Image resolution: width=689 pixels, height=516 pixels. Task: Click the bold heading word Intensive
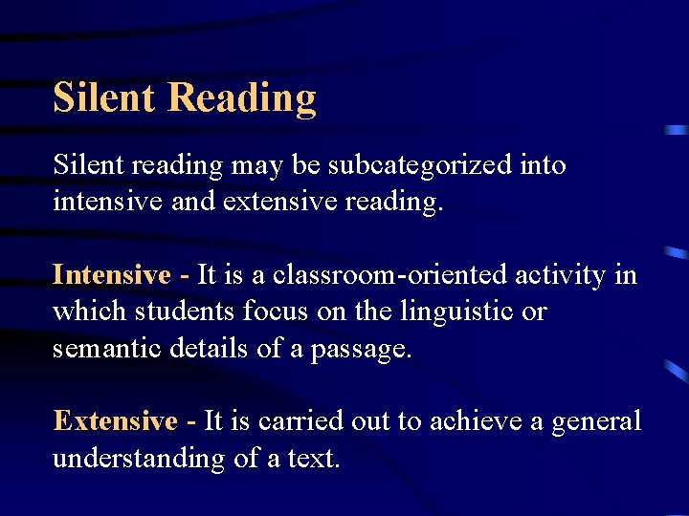(111, 275)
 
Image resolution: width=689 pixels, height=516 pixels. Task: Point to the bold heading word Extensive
(115, 420)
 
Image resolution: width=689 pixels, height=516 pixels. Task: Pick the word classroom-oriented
(394, 275)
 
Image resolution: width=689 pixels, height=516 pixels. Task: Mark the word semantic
(109, 348)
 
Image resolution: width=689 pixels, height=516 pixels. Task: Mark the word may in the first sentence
(257, 167)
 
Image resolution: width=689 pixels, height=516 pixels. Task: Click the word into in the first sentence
(543, 165)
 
